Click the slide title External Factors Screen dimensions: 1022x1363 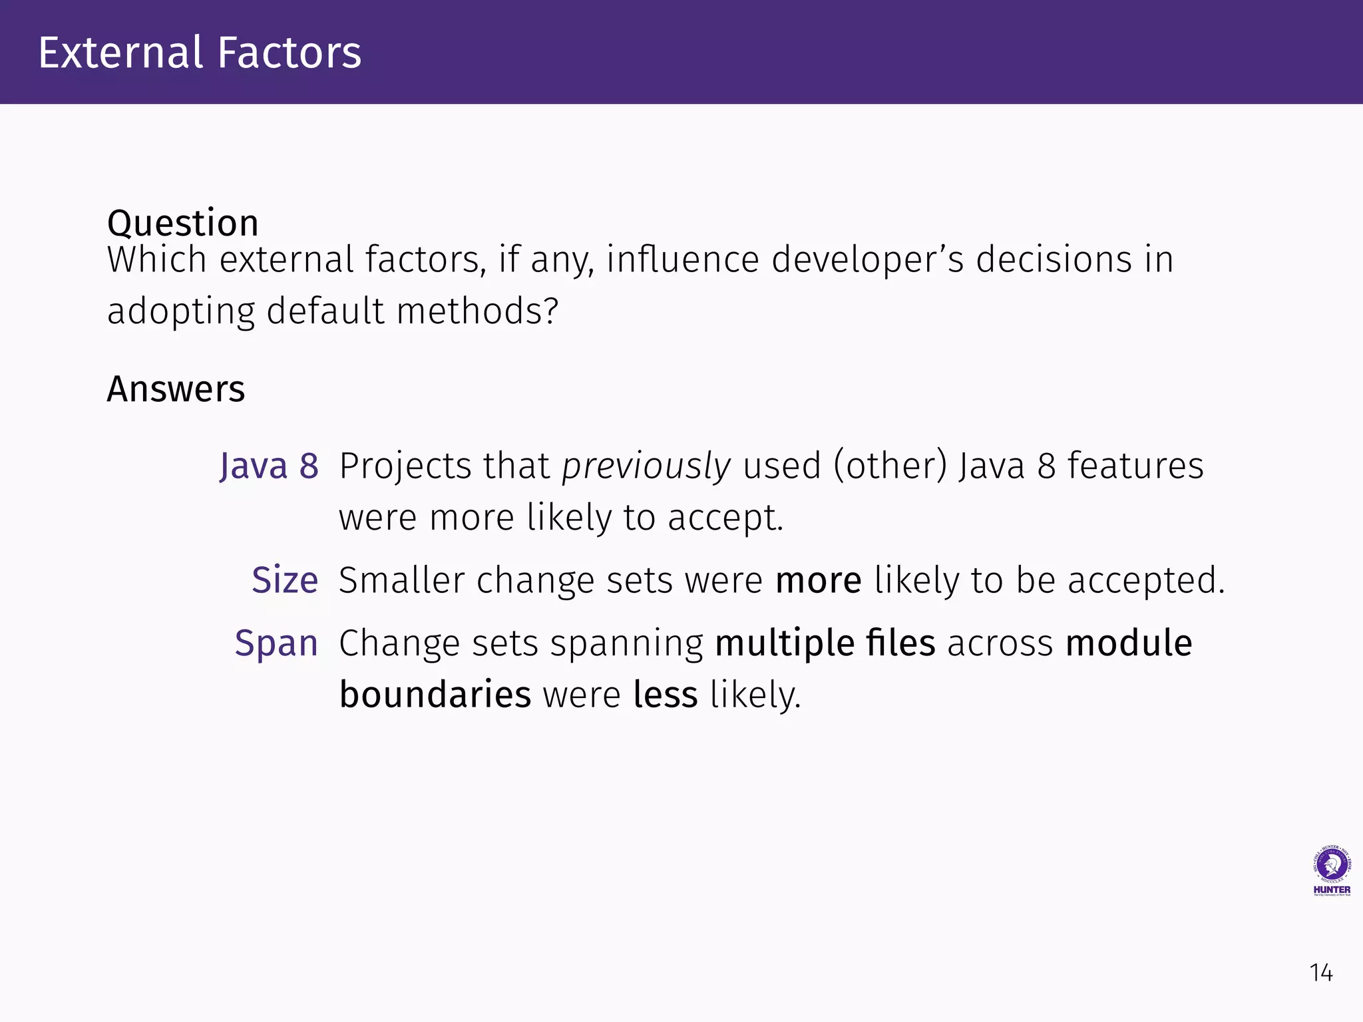click(x=200, y=53)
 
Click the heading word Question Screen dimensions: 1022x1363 click(x=182, y=223)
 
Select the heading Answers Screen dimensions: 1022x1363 click(x=176, y=389)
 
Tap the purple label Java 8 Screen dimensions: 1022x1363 click(x=269, y=466)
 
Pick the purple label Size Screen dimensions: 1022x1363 click(x=285, y=580)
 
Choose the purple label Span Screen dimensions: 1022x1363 click(x=276, y=643)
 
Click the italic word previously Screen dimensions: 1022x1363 click(x=646, y=466)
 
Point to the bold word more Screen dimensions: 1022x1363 click(x=819, y=580)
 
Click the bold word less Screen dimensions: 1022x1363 click(x=665, y=695)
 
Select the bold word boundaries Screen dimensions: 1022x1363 click(x=435, y=695)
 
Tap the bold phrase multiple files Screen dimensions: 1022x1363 click(x=825, y=643)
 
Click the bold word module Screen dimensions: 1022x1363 click(x=1129, y=643)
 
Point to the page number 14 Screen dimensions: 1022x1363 click(x=1321, y=973)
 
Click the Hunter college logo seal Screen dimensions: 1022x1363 click(x=1331, y=866)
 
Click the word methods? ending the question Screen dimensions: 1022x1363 click(x=477, y=311)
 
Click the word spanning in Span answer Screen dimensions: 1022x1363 click(x=626, y=643)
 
